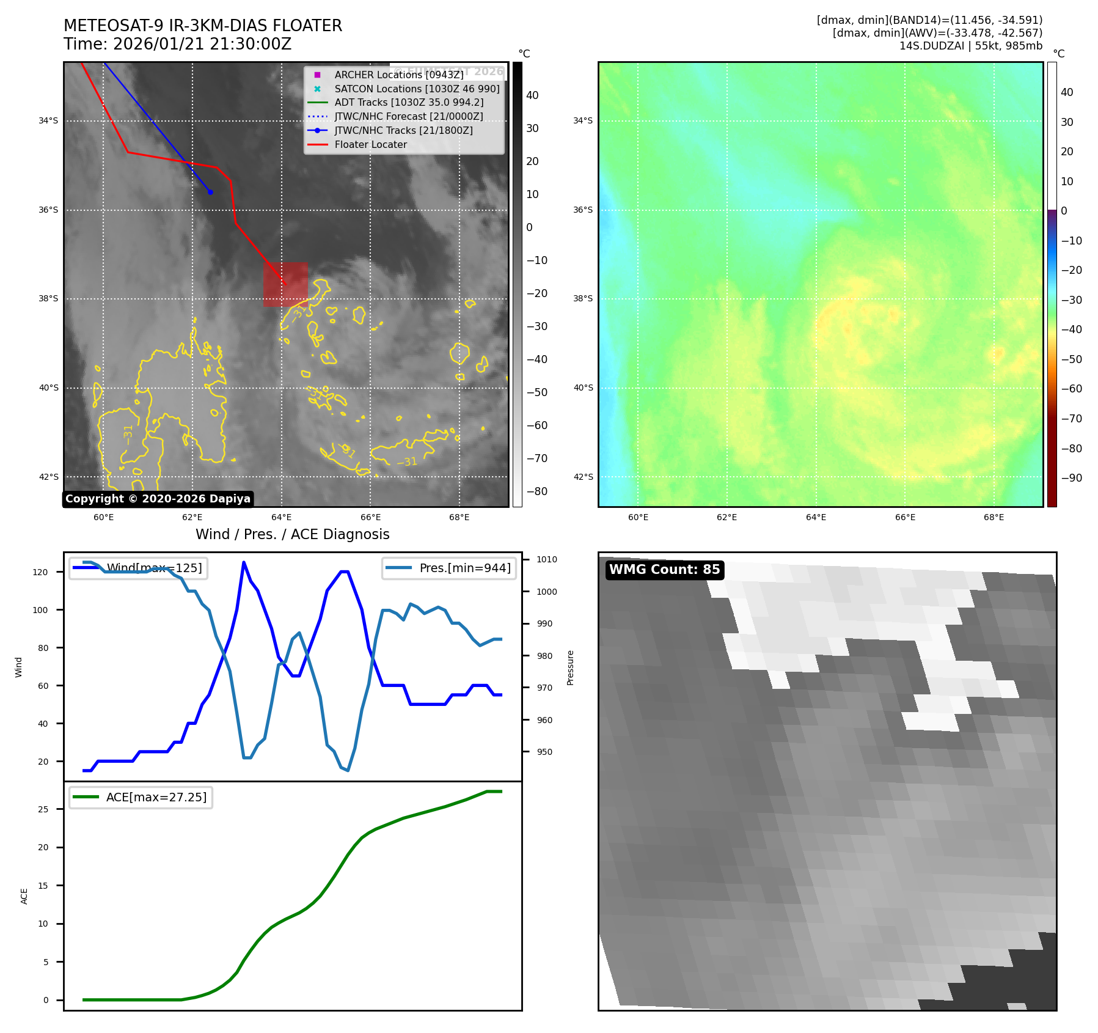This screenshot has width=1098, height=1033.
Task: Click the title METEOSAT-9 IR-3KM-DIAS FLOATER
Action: tap(202, 26)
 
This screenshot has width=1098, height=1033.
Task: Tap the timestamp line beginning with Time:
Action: tap(177, 44)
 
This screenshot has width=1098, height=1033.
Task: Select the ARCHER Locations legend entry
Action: tap(398, 75)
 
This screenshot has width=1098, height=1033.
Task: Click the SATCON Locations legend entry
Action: tap(417, 89)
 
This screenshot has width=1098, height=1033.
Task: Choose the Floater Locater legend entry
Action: tap(370, 144)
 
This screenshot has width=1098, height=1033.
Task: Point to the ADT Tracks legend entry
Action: tap(409, 103)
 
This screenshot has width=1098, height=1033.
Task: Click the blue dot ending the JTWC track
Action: tap(210, 192)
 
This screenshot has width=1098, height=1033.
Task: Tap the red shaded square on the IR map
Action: tap(285, 284)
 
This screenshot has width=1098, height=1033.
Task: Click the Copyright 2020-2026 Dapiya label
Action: tap(158, 499)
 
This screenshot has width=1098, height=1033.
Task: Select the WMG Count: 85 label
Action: tap(664, 570)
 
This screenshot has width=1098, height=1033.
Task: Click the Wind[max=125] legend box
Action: tap(138, 568)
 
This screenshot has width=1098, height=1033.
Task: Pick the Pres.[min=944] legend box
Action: tap(449, 568)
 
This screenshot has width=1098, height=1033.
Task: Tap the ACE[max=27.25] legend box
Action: tap(141, 797)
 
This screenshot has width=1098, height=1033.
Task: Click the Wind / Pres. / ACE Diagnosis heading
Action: tap(292, 534)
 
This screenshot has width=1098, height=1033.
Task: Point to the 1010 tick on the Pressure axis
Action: tap(547, 559)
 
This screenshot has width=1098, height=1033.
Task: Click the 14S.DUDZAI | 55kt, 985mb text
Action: tap(970, 46)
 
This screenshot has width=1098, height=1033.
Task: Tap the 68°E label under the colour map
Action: tap(994, 517)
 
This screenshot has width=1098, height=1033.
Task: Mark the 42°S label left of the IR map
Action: tap(49, 477)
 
